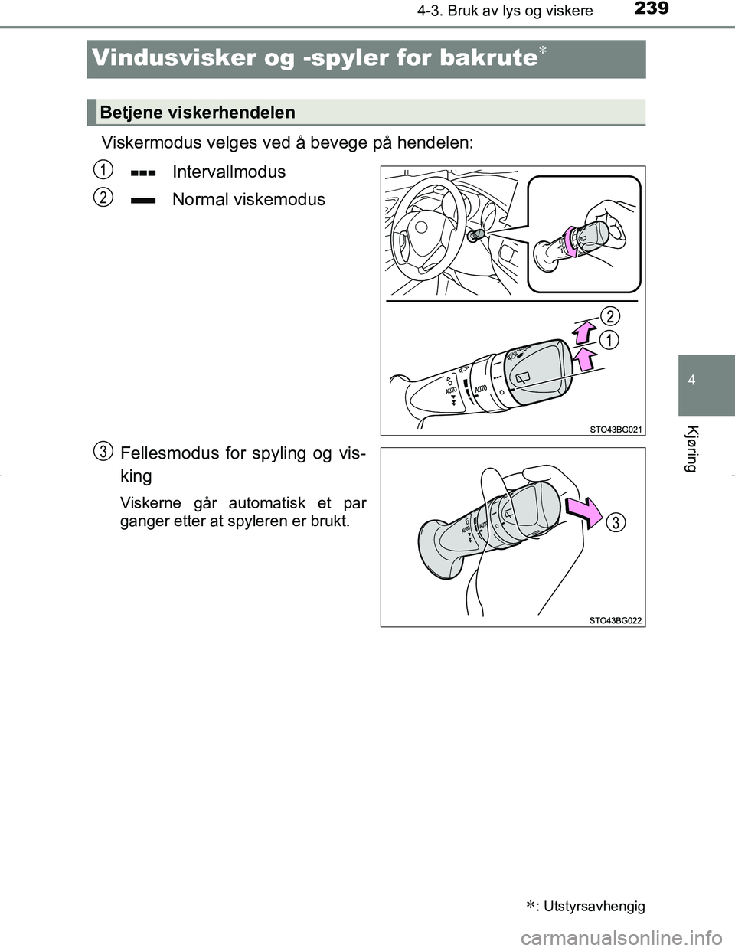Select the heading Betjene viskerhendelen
[198, 113]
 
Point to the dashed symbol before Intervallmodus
[143, 173]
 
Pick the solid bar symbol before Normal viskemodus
[143, 201]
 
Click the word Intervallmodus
[228, 172]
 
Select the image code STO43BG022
[616, 620]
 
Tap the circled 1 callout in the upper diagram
[609, 340]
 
